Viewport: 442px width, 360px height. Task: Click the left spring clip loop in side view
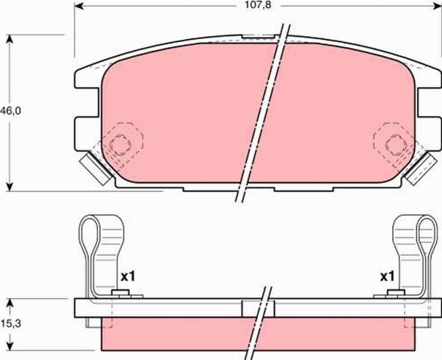[90, 236]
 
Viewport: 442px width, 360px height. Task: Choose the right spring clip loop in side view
[425, 236]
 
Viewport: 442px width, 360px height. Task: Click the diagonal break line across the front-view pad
[261, 114]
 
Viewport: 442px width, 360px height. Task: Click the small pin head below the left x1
[118, 294]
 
